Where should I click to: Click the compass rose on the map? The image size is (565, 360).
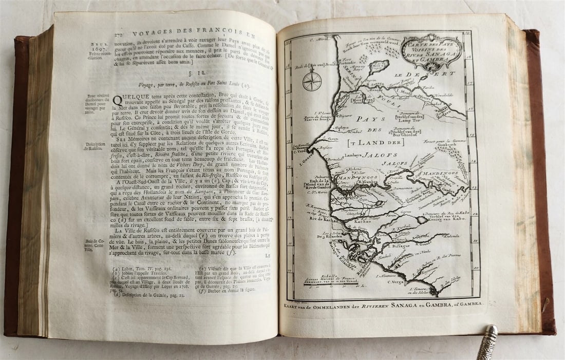coord(312,81)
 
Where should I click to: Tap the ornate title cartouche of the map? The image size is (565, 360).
coord(431,52)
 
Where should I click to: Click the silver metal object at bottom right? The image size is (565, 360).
coord(487,342)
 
